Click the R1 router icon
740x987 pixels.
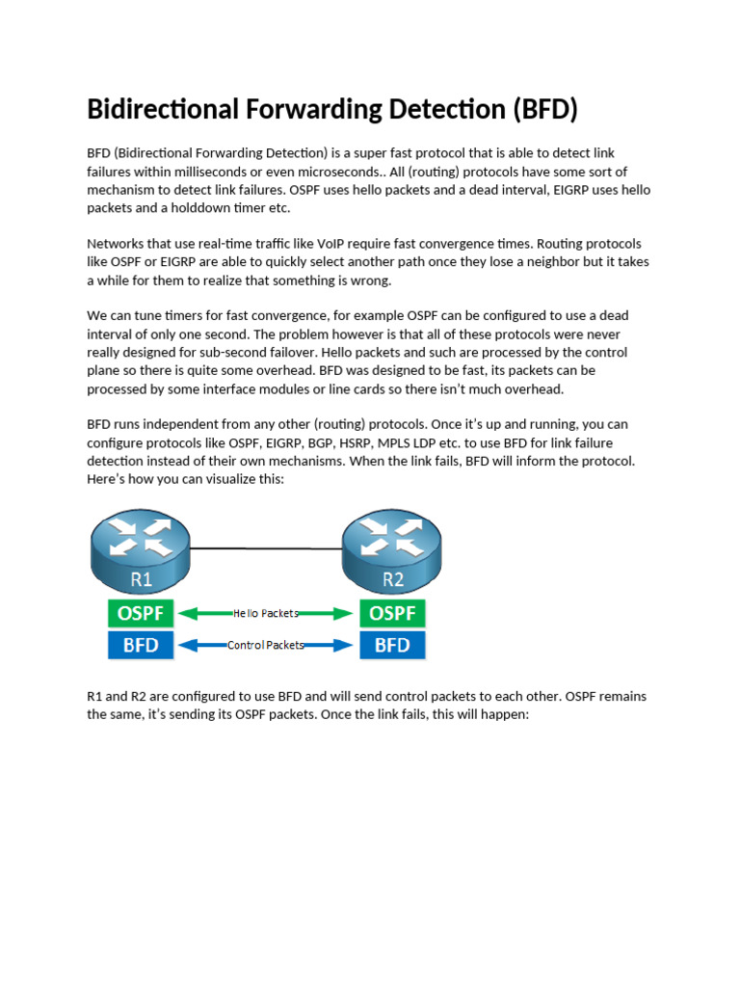pyautogui.click(x=141, y=550)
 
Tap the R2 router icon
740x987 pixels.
pyautogui.click(x=392, y=550)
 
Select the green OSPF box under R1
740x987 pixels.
pyautogui.click(x=141, y=613)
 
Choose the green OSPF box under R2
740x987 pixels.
pyautogui.click(x=392, y=613)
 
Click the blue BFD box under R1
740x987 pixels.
pyautogui.click(x=141, y=645)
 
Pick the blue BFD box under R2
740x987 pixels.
pyautogui.click(x=392, y=645)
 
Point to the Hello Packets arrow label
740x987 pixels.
pyautogui.click(x=266, y=613)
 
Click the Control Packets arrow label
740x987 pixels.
pyautogui.click(x=266, y=645)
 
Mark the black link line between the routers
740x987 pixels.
pyautogui.click(x=266, y=548)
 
